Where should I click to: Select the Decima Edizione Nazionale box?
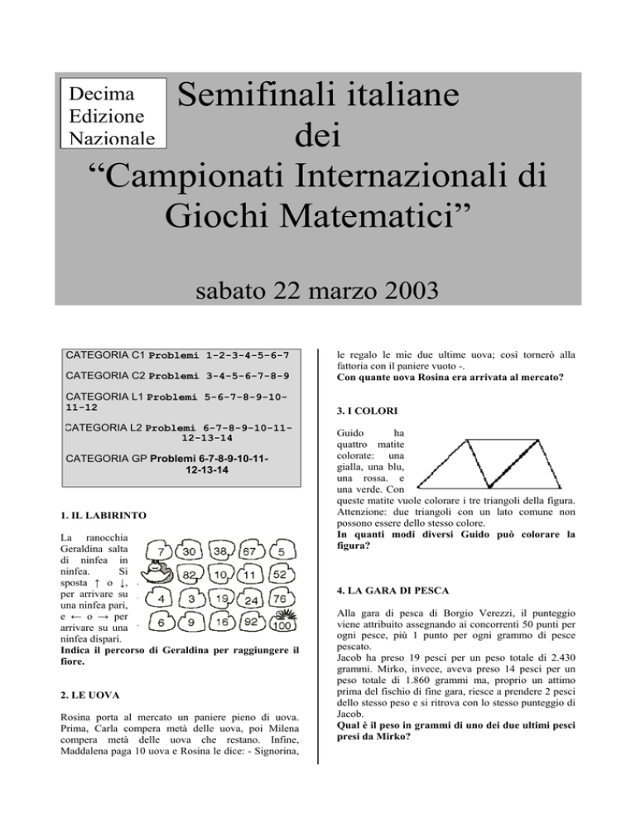point(113,113)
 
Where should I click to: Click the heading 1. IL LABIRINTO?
point(104,515)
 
